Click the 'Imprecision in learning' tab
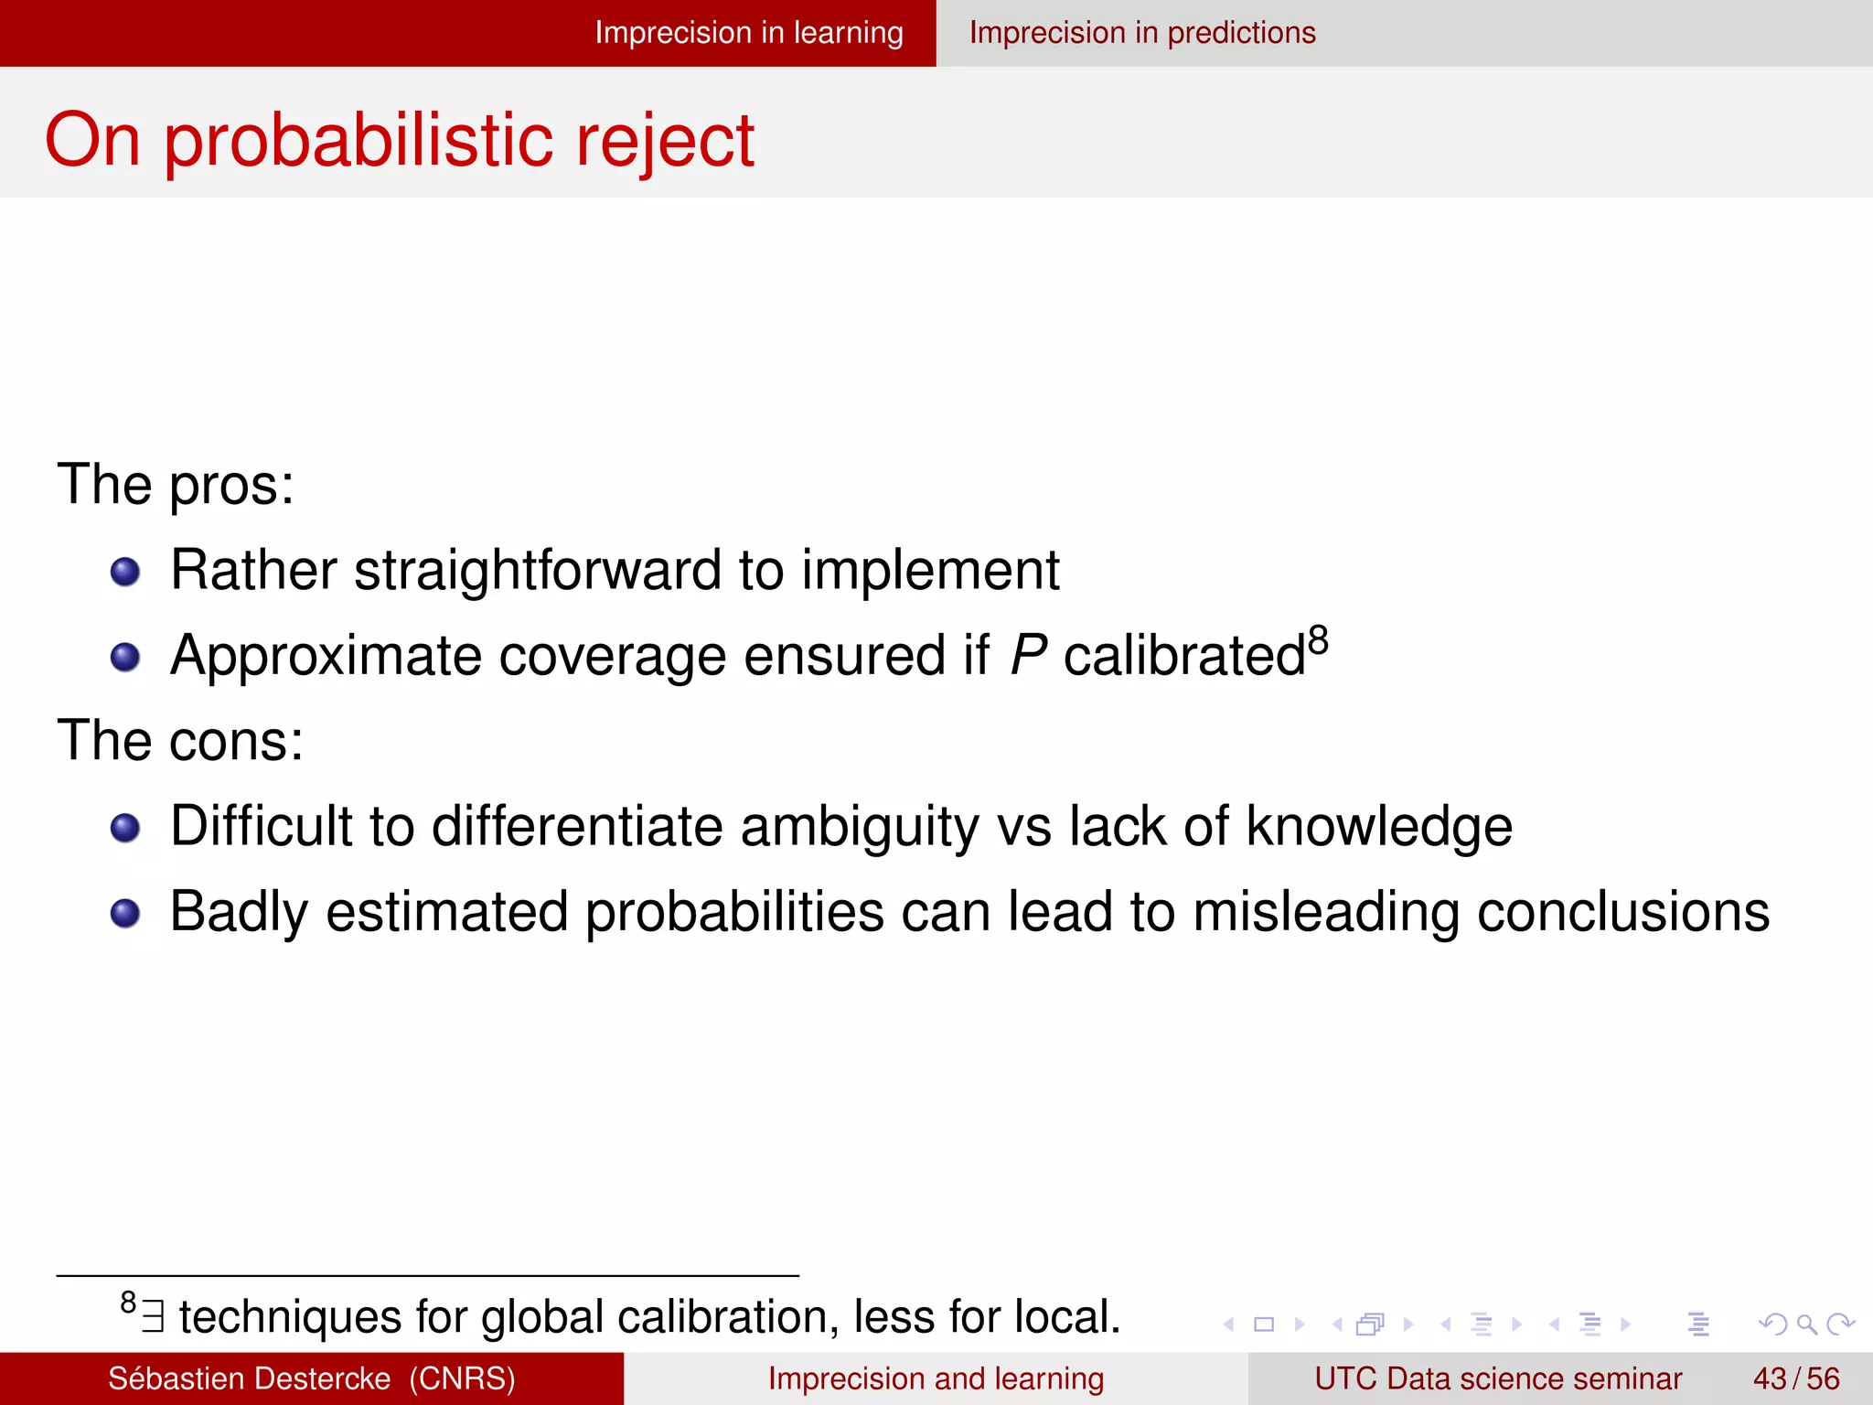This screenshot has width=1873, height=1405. tap(748, 33)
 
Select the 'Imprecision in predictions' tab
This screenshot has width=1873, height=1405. tap(1142, 33)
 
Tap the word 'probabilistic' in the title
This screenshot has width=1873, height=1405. tap(359, 142)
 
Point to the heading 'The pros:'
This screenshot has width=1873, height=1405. tap(176, 485)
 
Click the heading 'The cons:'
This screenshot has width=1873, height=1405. tap(180, 740)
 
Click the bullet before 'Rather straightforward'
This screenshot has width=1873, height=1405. tap(125, 573)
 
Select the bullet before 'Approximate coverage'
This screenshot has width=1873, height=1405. tap(125, 658)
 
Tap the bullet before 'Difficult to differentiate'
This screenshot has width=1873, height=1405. tap(125, 829)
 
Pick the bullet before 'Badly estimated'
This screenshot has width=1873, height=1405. tap(125, 914)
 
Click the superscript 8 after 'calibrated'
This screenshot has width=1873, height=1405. tap(1318, 640)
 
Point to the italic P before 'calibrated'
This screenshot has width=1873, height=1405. tap(1028, 656)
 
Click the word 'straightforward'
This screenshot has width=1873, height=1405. tap(538, 571)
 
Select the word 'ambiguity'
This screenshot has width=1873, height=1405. tap(859, 828)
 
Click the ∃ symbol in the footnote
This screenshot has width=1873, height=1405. tap(154, 1317)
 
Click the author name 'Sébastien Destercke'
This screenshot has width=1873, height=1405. tap(249, 1378)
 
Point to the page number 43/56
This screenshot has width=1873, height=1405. tap(1795, 1378)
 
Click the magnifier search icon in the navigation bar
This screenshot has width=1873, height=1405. tap(1806, 1324)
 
